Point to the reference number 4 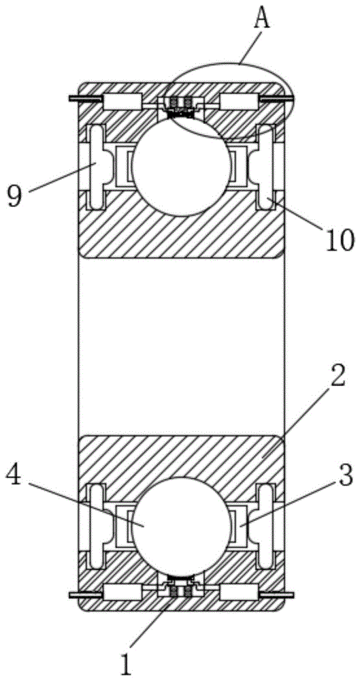15,479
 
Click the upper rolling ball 180,166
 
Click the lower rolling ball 180,526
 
